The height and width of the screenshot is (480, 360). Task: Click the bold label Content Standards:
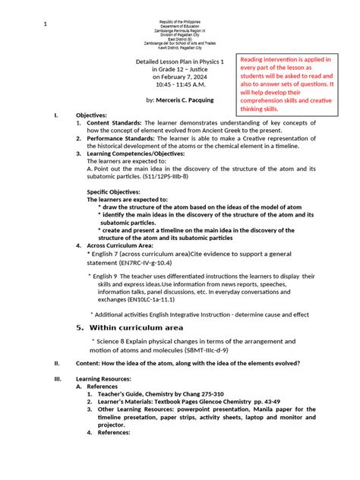[114, 122]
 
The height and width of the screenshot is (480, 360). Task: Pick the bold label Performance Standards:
[121, 138]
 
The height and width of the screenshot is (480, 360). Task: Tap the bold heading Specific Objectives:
[121, 191]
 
